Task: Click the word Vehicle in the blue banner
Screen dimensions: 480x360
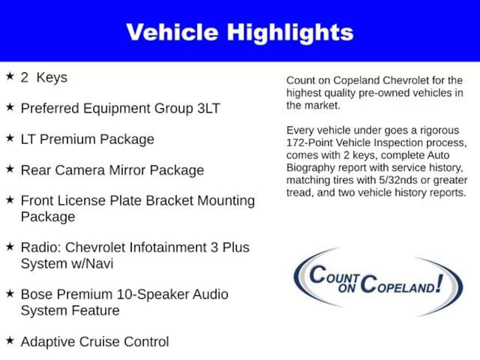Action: click(x=172, y=32)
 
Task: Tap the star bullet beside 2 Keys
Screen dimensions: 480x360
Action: click(x=10, y=76)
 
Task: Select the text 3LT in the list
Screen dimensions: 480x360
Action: click(x=209, y=108)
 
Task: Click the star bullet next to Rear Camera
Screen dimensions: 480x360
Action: click(x=10, y=169)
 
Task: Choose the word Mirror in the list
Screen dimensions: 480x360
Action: click(x=127, y=170)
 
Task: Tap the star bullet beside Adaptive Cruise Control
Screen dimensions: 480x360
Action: click(x=10, y=340)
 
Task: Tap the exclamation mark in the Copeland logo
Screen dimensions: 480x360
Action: click(x=440, y=284)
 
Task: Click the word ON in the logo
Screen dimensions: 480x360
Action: click(x=347, y=287)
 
